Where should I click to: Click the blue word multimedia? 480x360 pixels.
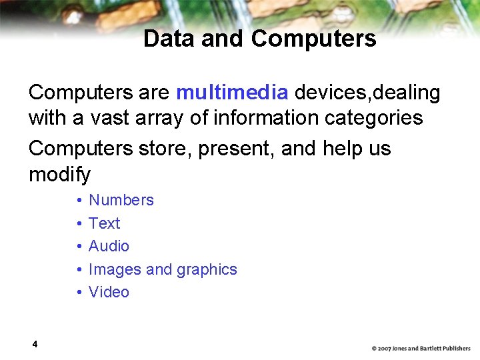pos(232,93)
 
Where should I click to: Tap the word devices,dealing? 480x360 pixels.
pos(367,93)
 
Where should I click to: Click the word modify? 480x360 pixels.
pos(59,175)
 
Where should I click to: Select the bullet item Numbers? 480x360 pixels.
pos(121,200)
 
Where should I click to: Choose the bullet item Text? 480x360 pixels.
pos(105,223)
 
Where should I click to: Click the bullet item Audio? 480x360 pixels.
pos(109,246)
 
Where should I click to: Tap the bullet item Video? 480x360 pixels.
pos(109,292)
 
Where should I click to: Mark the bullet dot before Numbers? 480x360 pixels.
pos(79,201)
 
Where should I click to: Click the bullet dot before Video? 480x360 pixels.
pos(79,293)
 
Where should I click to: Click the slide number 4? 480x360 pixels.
pos(34,344)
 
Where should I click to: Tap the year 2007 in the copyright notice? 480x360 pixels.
pos(385,349)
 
